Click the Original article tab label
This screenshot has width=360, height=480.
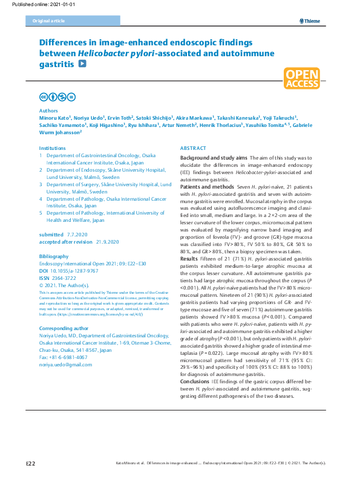(x=45, y=21)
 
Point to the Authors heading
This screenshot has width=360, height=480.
(x=48, y=111)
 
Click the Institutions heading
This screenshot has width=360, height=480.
(x=52, y=148)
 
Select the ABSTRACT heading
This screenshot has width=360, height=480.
(x=193, y=148)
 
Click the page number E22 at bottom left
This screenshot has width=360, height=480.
(x=31, y=463)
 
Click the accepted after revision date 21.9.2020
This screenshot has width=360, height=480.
(x=106, y=242)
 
